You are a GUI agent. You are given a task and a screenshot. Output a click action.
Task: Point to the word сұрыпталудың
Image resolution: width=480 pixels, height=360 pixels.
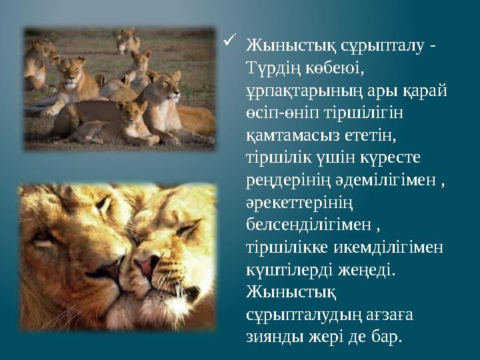297,313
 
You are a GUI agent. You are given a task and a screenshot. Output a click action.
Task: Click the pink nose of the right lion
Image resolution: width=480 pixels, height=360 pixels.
145,266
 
